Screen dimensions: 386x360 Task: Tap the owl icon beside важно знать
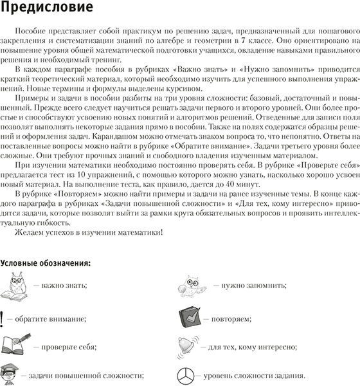[15, 286]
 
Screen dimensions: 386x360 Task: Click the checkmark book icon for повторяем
[190, 317]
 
